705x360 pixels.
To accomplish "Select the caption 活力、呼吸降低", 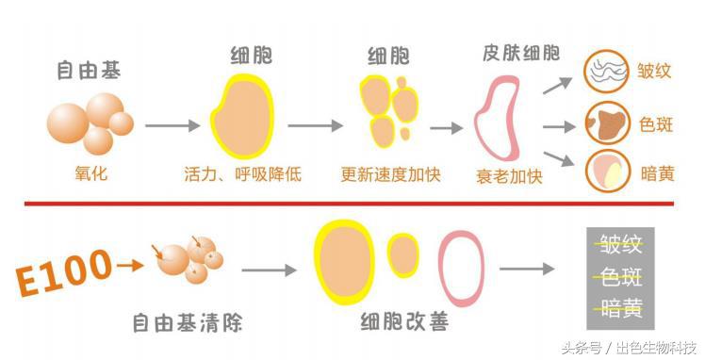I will (242, 174).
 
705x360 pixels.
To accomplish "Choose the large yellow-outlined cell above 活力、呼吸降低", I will (242, 117).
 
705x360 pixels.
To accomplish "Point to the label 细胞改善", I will (403, 324).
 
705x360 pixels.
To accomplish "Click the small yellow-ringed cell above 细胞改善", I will (403, 254).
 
